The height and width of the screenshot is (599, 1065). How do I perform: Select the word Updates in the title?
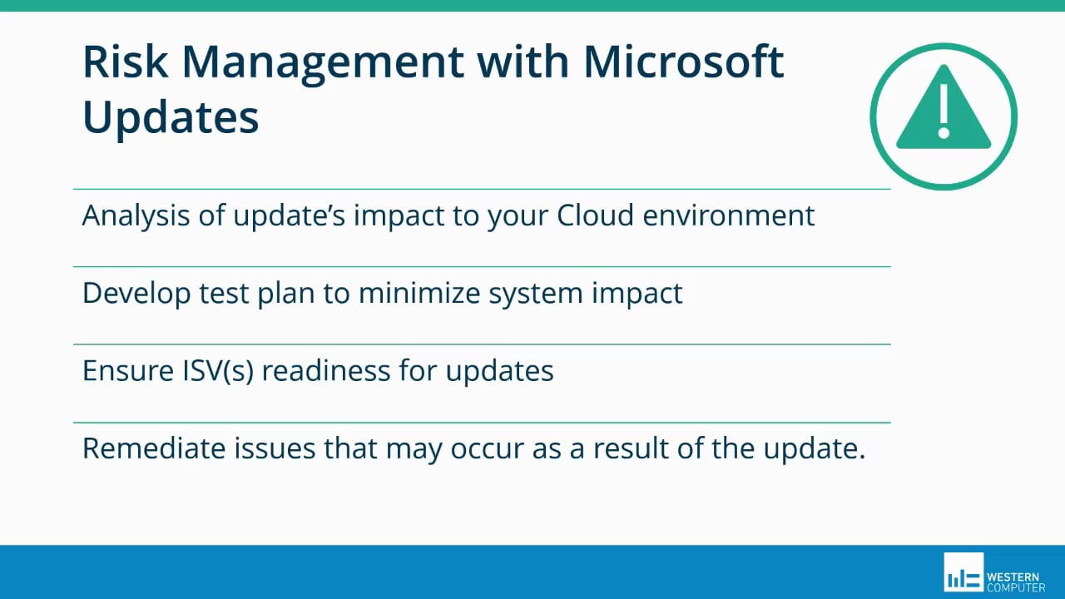coord(171,117)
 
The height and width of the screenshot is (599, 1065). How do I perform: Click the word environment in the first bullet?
coord(730,215)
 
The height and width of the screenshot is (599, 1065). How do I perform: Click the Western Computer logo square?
coord(963,572)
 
